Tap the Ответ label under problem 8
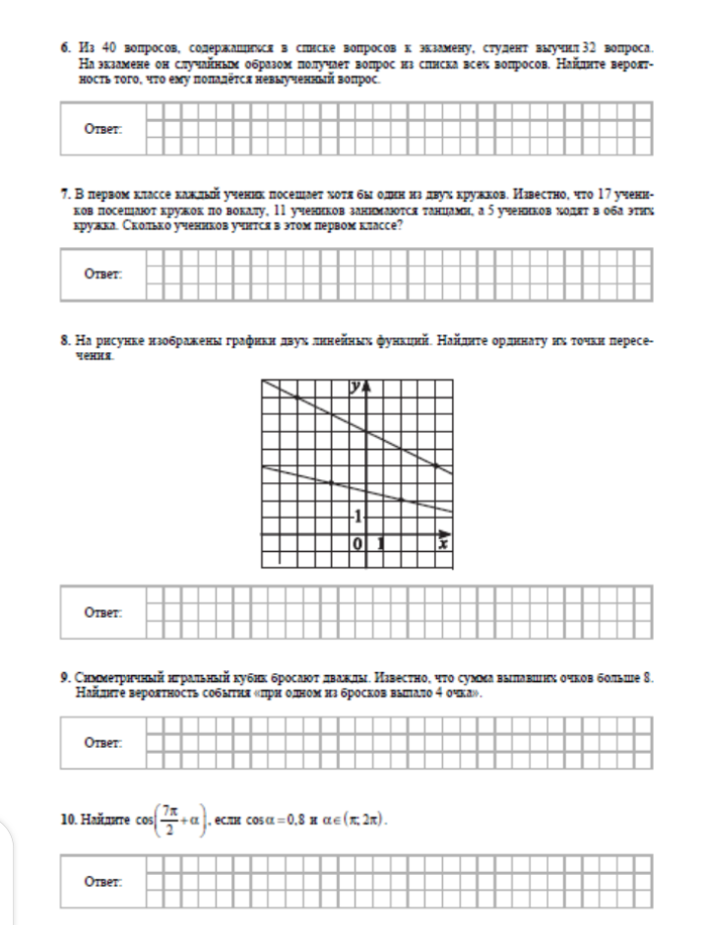pyautogui.click(x=102, y=609)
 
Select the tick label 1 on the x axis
pyautogui.click(x=381, y=543)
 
